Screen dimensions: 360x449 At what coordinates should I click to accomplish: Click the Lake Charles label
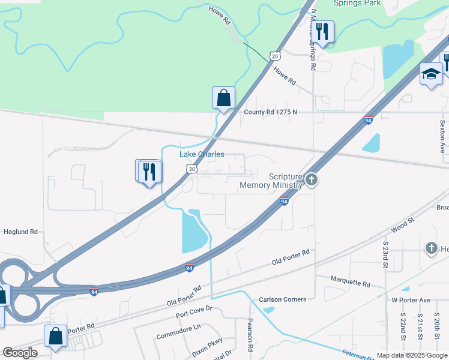pyautogui.click(x=202, y=154)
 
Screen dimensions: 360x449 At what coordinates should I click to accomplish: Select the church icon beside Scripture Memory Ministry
pyautogui.click(x=311, y=179)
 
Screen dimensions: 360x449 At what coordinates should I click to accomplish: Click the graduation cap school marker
pyautogui.click(x=431, y=74)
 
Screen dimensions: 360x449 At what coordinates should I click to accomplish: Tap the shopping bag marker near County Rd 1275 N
pyautogui.click(x=223, y=97)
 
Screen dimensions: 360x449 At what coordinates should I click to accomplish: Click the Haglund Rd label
pyautogui.click(x=20, y=231)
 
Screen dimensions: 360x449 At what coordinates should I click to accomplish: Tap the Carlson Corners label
pyautogui.click(x=282, y=299)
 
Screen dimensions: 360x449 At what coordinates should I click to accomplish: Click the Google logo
pyautogui.click(x=20, y=353)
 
